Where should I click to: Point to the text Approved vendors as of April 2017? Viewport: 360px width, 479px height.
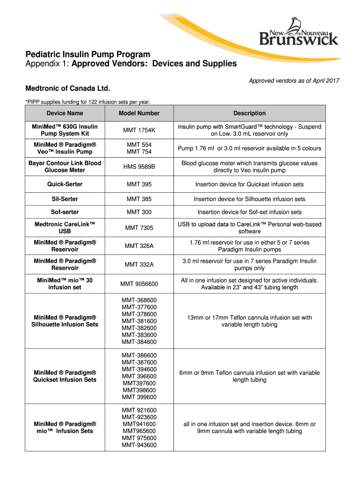tap(294, 81)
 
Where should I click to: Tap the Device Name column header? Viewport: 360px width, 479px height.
tap(65, 113)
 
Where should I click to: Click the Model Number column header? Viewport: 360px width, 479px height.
tap(139, 113)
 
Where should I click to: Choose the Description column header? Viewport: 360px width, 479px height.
tap(250, 113)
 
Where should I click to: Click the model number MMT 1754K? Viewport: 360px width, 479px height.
tap(139, 131)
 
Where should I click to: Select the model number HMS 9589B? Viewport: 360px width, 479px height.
tap(139, 167)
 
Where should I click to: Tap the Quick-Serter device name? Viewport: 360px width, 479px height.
tap(65, 184)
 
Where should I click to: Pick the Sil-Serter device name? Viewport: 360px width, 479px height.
tap(65, 199)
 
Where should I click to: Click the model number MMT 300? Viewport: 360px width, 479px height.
tap(139, 212)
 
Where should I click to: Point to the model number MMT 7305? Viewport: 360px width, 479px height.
tap(139, 228)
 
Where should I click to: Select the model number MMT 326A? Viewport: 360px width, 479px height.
tap(139, 246)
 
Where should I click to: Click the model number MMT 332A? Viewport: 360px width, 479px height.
tap(139, 265)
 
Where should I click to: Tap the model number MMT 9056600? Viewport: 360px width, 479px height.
tap(139, 284)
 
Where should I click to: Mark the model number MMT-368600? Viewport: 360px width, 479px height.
tap(139, 300)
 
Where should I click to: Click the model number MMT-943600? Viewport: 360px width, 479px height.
tap(139, 445)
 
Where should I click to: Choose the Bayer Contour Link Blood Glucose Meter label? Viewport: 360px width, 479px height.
tap(65, 167)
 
